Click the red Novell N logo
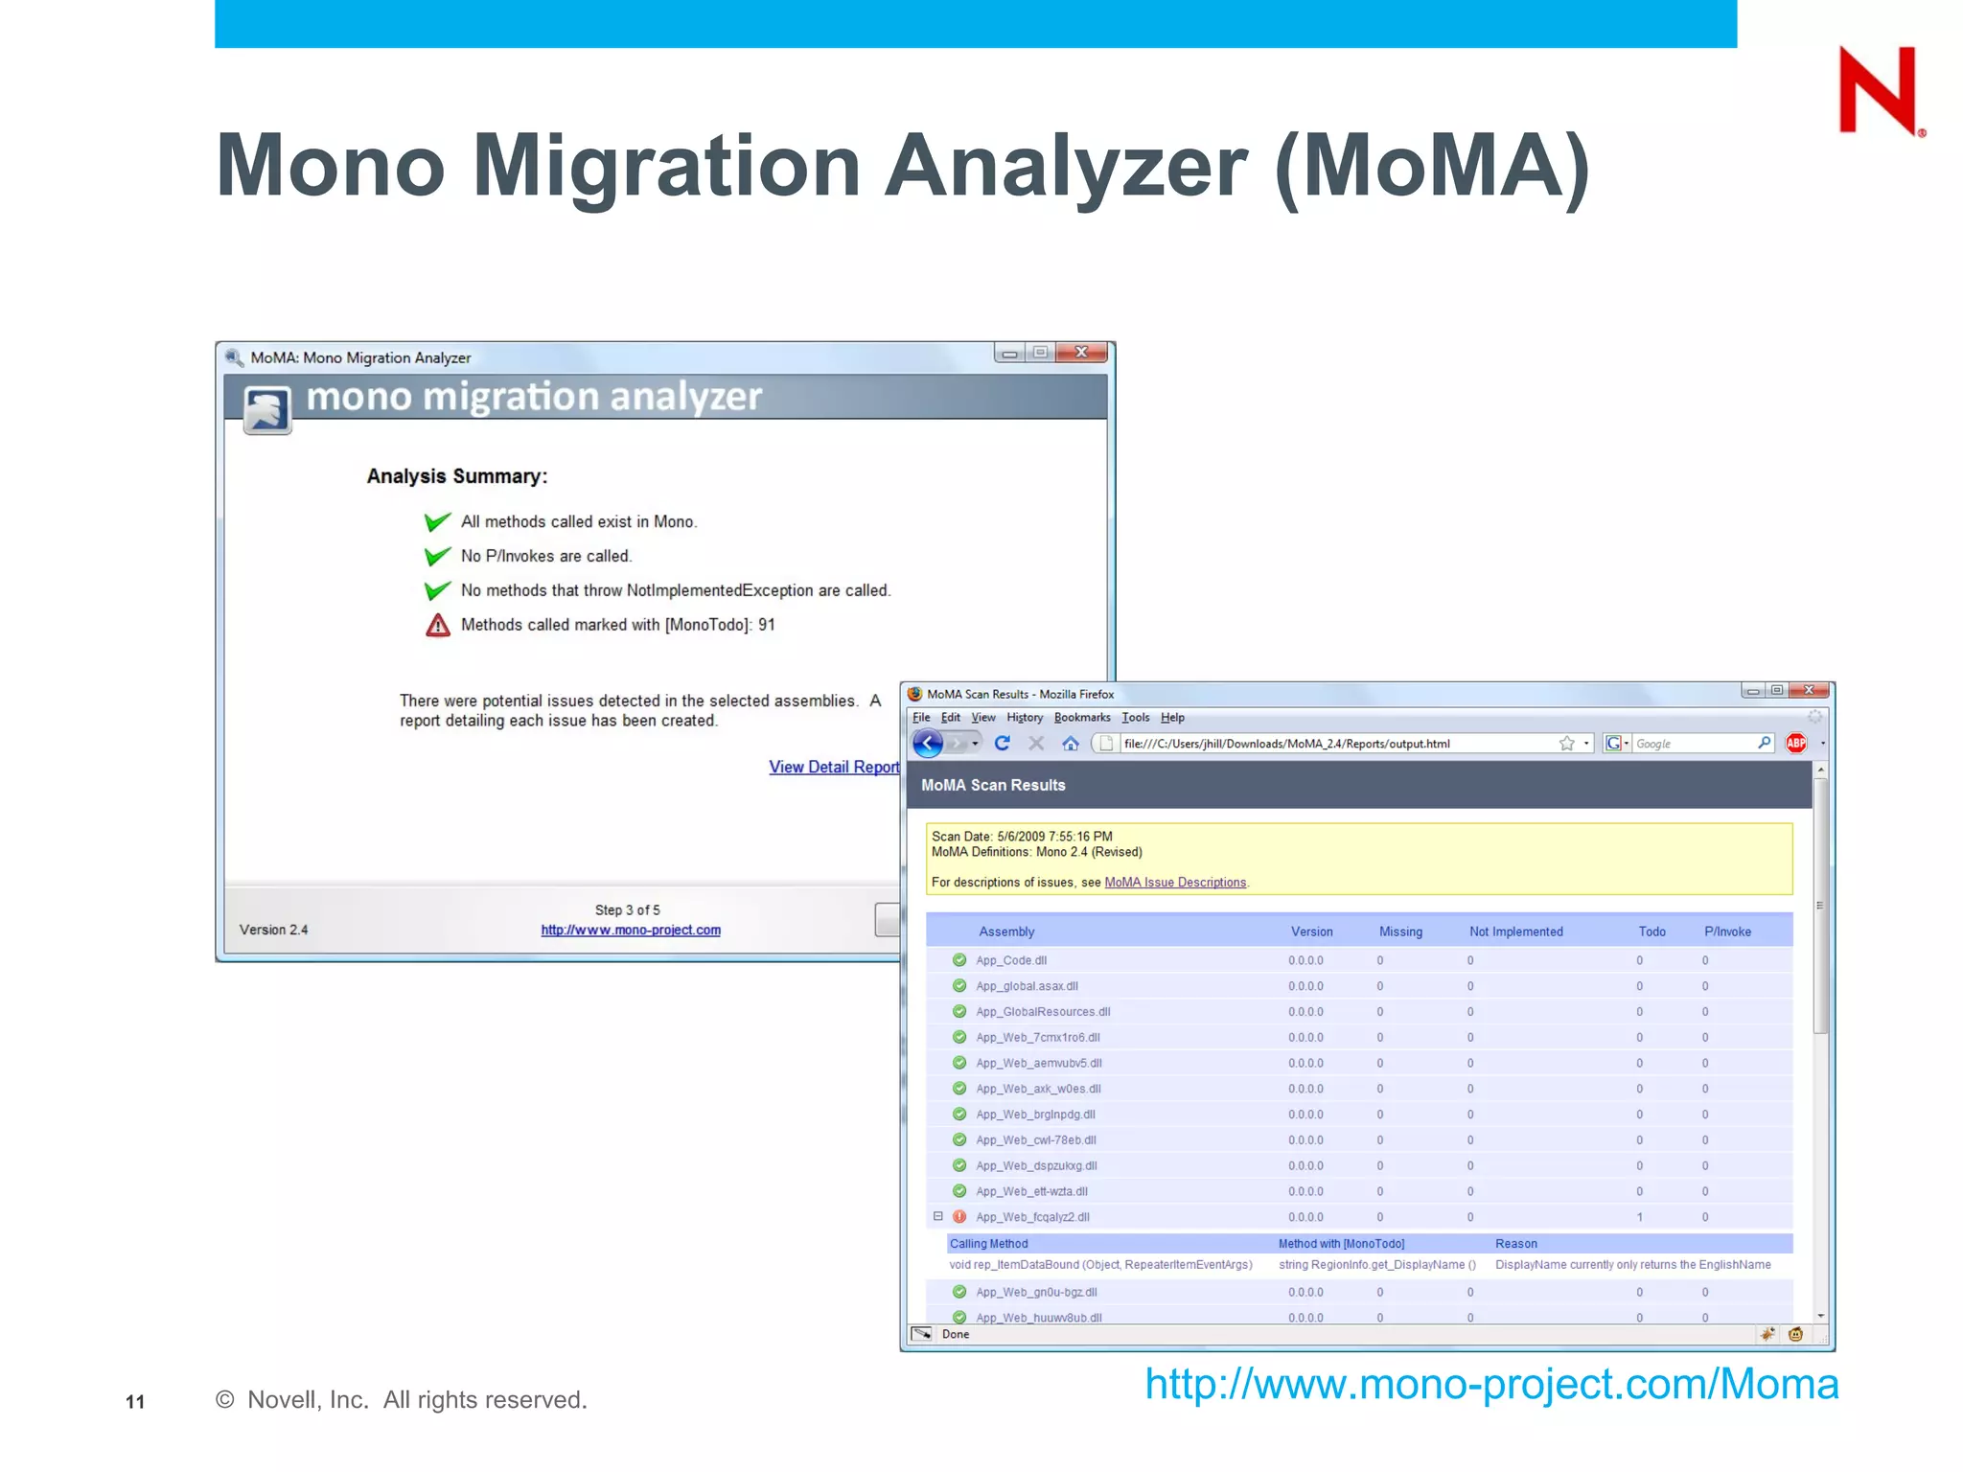tap(1878, 91)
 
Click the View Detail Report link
tap(833, 767)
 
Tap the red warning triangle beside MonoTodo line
tap(438, 625)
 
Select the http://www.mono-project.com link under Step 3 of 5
tap(630, 930)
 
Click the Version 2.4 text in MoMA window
tap(273, 930)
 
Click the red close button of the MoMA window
tap(1081, 353)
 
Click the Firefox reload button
tap(1003, 743)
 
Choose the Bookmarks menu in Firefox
tap(1081, 717)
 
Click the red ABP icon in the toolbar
tap(1795, 743)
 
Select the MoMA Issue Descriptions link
tap(1175, 883)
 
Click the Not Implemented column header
tap(1515, 931)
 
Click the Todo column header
tap(1651, 931)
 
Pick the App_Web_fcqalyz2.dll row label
tap(1032, 1217)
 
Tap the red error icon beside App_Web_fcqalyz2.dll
tap(959, 1217)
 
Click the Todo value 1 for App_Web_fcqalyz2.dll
tap(1639, 1217)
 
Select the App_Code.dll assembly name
tap(1011, 960)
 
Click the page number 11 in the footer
tap(135, 1402)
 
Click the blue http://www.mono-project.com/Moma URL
tap(1491, 1384)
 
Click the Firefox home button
tap(1071, 743)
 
